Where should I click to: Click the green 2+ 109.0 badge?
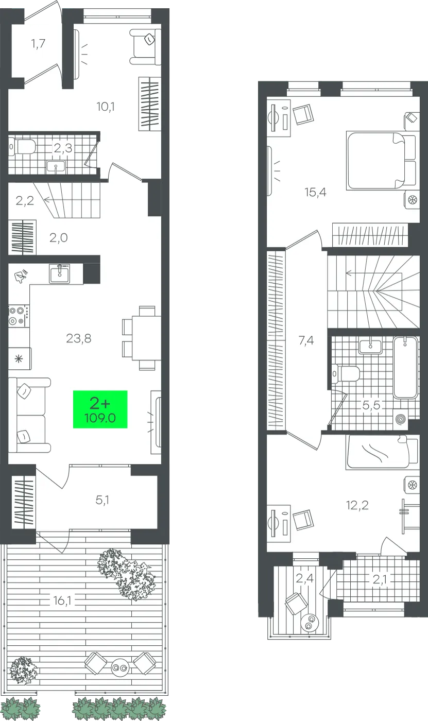coord(100,409)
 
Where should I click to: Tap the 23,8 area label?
coord(78,338)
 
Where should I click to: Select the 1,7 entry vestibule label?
coord(38,43)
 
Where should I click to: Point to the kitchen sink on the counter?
coord(60,274)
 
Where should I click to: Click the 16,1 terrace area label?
coord(62,600)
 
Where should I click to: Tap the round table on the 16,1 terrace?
coord(119,667)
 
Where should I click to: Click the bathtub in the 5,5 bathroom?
coord(405,367)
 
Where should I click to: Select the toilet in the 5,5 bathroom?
coord(346,374)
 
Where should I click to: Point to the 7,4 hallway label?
coord(306,340)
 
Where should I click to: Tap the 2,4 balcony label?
coord(304,578)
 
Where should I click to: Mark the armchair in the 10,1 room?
coord(145,47)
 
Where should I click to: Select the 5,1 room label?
coord(102,500)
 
